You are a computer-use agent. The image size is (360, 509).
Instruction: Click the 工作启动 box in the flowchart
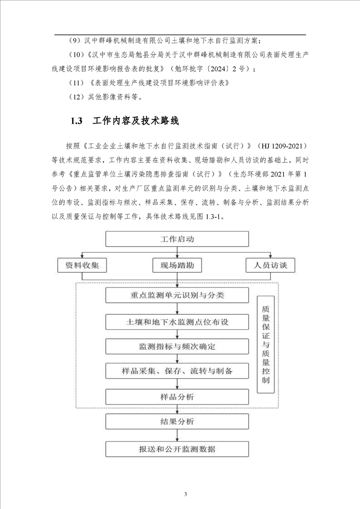(177, 239)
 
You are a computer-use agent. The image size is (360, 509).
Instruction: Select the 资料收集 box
(82, 265)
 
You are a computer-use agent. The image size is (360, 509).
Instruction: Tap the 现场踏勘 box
(177, 265)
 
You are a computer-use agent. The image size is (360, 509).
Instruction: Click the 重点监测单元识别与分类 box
(177, 296)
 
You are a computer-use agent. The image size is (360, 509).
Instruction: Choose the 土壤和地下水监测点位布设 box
(177, 322)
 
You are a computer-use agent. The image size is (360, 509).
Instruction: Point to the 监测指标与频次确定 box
(177, 347)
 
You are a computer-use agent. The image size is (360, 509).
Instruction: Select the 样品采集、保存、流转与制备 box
(177, 372)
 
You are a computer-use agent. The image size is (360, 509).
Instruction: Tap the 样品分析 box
(177, 397)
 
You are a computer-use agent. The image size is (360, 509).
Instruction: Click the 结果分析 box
(177, 422)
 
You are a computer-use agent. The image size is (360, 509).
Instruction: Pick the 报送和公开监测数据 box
(177, 450)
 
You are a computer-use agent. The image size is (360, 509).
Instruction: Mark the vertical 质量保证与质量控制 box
(266, 344)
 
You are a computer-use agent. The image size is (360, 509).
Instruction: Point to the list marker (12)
(77, 96)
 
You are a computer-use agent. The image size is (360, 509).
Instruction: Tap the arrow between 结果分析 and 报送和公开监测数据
(177, 436)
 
